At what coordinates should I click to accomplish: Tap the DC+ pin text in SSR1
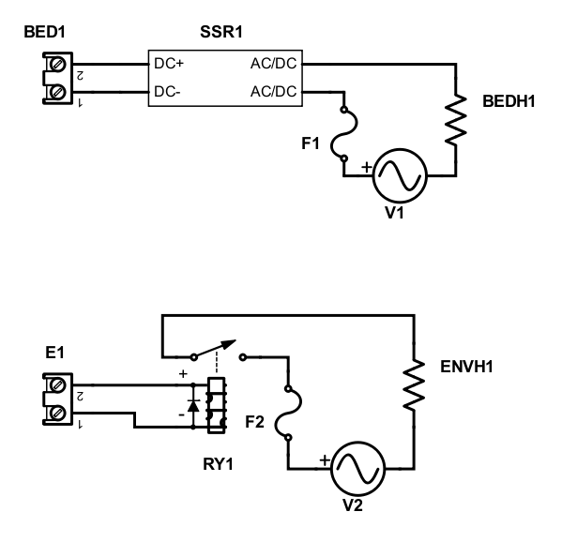click(168, 66)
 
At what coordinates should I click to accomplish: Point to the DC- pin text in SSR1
click(167, 92)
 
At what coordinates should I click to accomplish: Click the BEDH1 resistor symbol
click(457, 118)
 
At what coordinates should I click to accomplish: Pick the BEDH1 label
click(509, 100)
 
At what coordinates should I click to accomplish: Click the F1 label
click(311, 143)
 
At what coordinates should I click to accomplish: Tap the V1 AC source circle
click(401, 174)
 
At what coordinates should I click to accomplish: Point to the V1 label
click(394, 213)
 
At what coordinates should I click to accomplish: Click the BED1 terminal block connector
click(57, 78)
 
